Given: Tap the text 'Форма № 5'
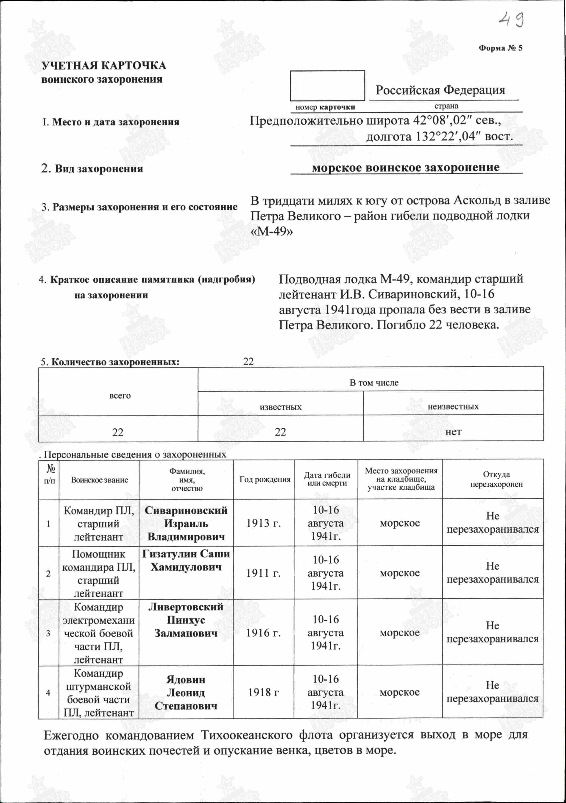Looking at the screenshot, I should [500, 48].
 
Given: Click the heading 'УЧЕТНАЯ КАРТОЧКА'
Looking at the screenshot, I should [103, 66].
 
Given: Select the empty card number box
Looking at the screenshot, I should [327, 86].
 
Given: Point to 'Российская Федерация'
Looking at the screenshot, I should [441, 90].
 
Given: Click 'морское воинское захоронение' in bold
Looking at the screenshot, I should [406, 167].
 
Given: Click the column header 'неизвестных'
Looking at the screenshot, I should [453, 406].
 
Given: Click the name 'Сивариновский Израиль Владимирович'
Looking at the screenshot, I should [186, 524].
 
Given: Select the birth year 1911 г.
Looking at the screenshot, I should [263, 573].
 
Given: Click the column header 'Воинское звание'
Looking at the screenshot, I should [99, 480].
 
